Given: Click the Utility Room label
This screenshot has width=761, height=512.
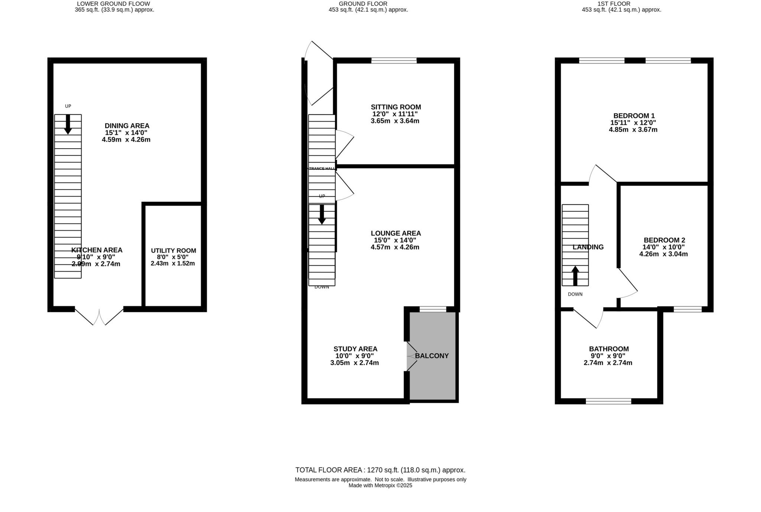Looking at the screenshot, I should point(173,251).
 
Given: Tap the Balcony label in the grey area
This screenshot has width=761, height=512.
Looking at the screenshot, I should point(432,356).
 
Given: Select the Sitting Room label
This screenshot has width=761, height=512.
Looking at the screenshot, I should point(396,107).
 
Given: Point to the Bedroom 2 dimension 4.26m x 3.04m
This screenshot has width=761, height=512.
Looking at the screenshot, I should point(663,254).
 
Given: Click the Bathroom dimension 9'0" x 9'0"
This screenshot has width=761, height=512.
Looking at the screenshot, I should point(609,356).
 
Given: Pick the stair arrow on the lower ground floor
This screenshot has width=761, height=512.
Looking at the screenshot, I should point(68,124).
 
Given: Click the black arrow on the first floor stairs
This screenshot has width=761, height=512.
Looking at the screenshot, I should point(575,276).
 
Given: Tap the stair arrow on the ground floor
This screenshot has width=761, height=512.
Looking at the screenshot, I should point(322,215).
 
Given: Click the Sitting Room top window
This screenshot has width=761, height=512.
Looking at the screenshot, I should point(394,60).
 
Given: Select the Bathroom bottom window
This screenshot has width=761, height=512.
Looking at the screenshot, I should point(608,401).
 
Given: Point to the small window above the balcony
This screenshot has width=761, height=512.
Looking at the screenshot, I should point(433,309).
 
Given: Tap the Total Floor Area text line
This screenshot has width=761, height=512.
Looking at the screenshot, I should point(380,470).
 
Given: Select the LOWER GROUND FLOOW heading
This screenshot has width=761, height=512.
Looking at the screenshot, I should point(113,4).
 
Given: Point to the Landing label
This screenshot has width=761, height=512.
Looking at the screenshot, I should point(588,247).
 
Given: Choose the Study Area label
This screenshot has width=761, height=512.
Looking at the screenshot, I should point(355,349).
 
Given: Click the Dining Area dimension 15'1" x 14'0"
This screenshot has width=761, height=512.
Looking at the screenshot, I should point(126,133).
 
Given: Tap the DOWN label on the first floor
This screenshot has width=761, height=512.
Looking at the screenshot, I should point(575,294).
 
